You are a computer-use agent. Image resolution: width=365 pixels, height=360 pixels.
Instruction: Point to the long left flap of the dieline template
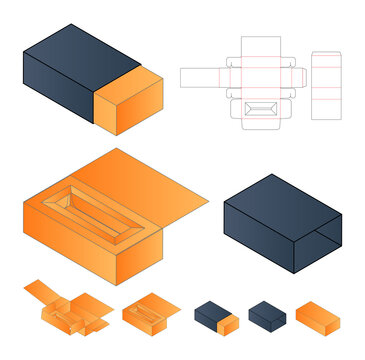204,78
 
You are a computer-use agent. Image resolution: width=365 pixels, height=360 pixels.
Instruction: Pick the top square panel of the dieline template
261,48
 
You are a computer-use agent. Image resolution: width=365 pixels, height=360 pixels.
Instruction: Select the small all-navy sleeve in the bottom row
267,315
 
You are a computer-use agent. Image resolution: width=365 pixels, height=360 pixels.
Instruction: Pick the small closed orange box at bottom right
318,316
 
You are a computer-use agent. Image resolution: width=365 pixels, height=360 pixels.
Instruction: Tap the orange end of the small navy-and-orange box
229,324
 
